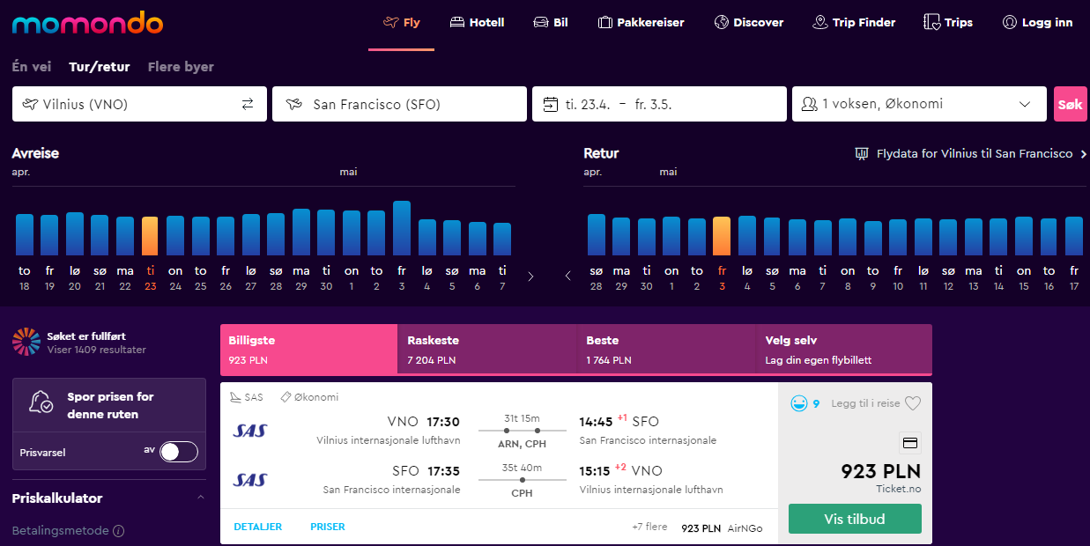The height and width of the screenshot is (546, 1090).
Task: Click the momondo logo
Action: coord(87,23)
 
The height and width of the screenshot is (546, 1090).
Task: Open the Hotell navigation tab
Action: coord(477,22)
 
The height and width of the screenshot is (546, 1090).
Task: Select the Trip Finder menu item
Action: coord(854,22)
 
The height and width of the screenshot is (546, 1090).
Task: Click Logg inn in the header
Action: coord(1037,22)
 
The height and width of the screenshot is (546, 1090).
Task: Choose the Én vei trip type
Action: coord(32,67)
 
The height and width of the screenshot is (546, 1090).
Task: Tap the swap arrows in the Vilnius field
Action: coord(248,104)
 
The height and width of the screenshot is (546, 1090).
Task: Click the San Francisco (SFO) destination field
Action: coord(399,104)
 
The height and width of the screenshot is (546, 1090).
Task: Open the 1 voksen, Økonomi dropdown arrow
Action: coord(1025,104)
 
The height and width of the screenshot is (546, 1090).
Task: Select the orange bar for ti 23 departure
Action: coord(150,236)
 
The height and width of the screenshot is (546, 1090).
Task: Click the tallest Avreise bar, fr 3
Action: coord(402,228)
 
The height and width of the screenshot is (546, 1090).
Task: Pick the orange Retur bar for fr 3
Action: coord(722,236)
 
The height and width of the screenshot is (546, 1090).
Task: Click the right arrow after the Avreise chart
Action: coord(530,277)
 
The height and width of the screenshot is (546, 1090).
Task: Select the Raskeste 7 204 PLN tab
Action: coord(487,349)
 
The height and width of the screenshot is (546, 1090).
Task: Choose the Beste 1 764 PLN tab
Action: coord(666,349)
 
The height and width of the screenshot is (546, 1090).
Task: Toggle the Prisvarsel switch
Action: coord(179,452)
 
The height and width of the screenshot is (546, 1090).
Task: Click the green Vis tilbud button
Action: coord(855,519)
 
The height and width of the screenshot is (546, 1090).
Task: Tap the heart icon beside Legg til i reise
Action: coord(913,403)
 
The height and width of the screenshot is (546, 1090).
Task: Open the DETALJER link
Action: coord(258,527)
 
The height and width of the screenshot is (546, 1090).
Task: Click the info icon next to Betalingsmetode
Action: coord(118,530)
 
